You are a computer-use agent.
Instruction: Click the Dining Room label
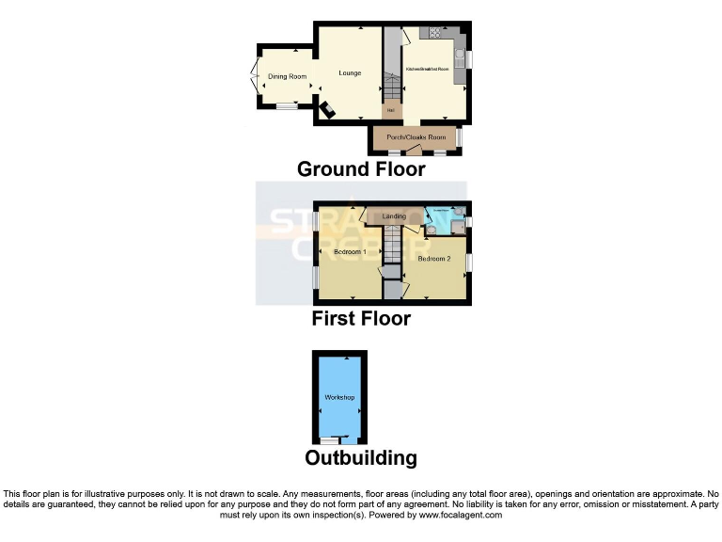coord(287,76)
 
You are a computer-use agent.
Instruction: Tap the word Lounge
coord(350,73)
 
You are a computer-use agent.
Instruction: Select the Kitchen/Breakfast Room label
coord(427,71)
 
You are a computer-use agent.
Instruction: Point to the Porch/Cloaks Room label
coord(415,137)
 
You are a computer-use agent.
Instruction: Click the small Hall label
coord(390,111)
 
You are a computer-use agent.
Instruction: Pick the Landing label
coord(394,216)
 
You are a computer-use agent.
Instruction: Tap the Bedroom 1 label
coord(350,252)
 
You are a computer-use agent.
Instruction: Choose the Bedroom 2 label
coord(434,258)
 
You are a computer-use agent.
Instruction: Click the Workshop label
coord(339,398)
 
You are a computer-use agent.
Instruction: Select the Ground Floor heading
coord(361,169)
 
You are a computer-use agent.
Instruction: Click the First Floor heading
coord(361,319)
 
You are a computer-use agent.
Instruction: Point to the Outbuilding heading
coord(361,458)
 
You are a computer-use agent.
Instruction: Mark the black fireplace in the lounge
coord(326,111)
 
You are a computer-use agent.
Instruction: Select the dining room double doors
coord(256,77)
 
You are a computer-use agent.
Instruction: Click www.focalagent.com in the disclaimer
coord(460,515)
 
